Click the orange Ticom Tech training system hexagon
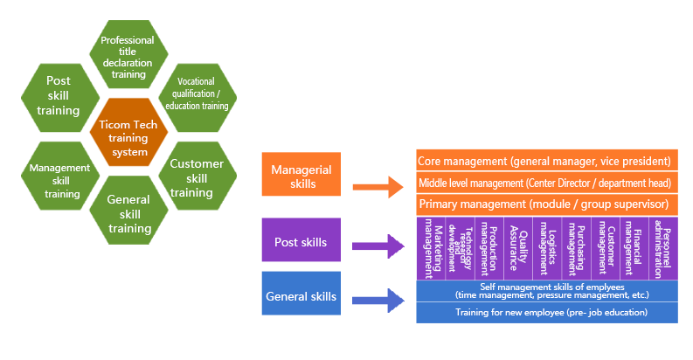pos(128,138)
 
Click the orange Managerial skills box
pos(301,175)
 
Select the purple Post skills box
pos(301,241)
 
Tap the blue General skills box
pos(301,297)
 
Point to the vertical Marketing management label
pos(432,247)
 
